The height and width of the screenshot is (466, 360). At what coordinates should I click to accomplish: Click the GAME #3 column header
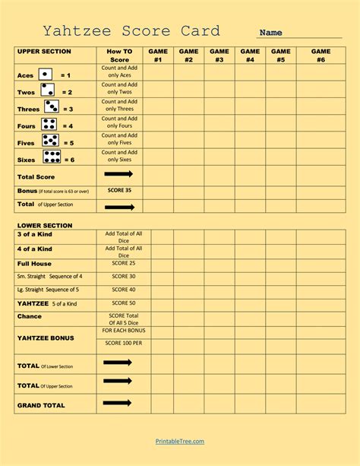pos(219,55)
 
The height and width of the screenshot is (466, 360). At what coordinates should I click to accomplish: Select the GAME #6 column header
pos(321,55)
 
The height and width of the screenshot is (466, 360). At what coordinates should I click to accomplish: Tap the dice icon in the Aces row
pos(46,74)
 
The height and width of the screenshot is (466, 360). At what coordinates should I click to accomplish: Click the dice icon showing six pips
pos(52,157)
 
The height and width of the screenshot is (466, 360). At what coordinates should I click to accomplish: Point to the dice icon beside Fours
pos(49,125)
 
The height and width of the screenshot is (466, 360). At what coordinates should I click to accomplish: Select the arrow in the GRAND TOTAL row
pos(118,403)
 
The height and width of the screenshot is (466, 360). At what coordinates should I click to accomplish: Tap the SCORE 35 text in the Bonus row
pos(119,190)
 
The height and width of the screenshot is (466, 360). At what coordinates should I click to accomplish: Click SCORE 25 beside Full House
pos(124,263)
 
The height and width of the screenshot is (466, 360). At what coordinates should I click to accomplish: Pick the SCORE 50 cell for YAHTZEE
pos(124,303)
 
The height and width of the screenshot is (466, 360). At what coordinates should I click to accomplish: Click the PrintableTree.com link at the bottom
pos(179,441)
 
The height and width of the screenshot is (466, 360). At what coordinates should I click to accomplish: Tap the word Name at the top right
pos(271,33)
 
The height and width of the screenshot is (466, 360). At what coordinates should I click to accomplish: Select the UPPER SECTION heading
pos(44,52)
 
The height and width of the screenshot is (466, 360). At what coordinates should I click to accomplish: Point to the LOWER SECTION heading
pos(44,225)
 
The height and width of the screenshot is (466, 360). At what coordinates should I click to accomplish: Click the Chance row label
pos(30,316)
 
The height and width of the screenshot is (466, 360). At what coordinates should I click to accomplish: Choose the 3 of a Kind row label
pos(35,235)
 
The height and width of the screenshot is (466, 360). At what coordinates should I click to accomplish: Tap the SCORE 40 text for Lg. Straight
pos(124,290)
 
